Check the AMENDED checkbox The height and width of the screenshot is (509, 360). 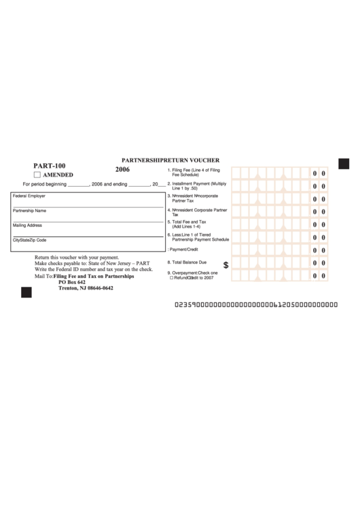pyautogui.click(x=38, y=175)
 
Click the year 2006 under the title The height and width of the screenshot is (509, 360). pyautogui.click(x=122, y=169)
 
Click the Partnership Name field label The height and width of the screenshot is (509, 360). pyautogui.click(x=29, y=211)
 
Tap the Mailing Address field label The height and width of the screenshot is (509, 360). pyautogui.click(x=27, y=225)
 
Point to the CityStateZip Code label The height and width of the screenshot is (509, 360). pyautogui.click(x=29, y=240)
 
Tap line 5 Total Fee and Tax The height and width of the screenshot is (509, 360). pyautogui.click(x=190, y=224)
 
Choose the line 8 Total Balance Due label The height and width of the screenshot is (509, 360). pyautogui.click(x=190, y=262)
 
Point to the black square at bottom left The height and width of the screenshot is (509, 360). pyautogui.click(x=26, y=292)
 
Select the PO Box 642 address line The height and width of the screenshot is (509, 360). pyautogui.click(x=72, y=282)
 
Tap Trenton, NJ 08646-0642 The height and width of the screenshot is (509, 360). pyautogui.click(x=86, y=288)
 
